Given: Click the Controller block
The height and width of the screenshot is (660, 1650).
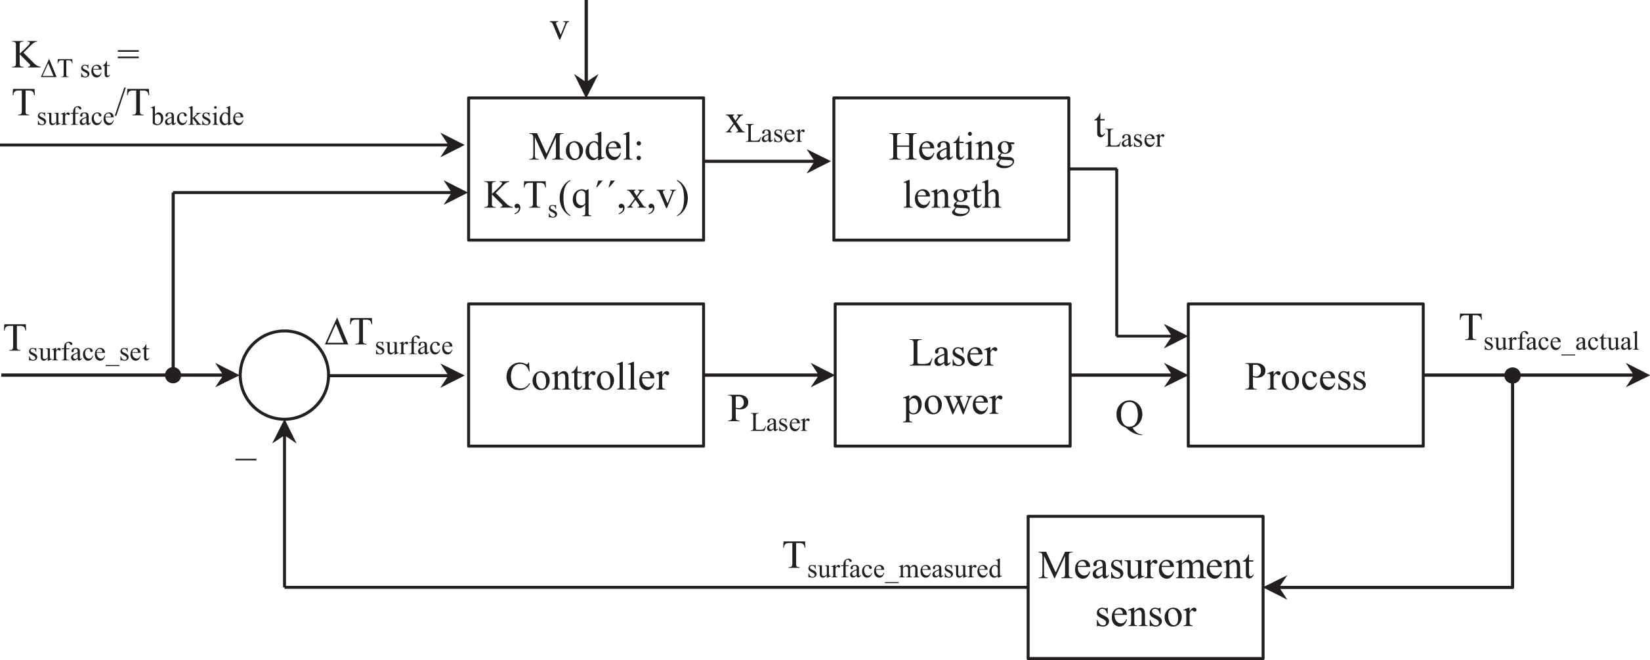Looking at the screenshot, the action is pyautogui.click(x=585, y=375).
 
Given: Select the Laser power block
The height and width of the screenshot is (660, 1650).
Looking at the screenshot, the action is pyautogui.click(x=952, y=375).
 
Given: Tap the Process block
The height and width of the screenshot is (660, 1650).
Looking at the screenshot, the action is pyautogui.click(x=1305, y=375).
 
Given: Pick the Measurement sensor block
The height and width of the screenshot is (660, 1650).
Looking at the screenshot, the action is pyautogui.click(x=1145, y=587).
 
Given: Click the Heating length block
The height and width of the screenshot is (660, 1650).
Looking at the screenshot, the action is pyautogui.click(x=951, y=169).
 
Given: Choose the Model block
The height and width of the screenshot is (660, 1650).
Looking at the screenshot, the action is pyautogui.click(x=585, y=169).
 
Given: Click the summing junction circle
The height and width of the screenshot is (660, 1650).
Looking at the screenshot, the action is pyautogui.click(x=284, y=375).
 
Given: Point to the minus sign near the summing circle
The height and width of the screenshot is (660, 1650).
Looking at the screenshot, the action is pyautogui.click(x=245, y=459).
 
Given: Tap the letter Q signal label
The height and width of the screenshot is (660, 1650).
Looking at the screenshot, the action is pyautogui.click(x=1129, y=416).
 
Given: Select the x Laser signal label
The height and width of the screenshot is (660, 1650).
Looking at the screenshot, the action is pyautogui.click(x=765, y=127).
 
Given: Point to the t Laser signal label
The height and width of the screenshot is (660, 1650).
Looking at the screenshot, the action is pyautogui.click(x=1129, y=133).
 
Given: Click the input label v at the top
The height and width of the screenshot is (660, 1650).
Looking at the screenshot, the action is pyautogui.click(x=559, y=29).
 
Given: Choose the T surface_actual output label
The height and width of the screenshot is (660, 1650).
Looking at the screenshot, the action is pyautogui.click(x=1549, y=335).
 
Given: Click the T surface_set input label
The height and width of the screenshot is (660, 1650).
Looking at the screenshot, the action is pyautogui.click(x=77, y=344).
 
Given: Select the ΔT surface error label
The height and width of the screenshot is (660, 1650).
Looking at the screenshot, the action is pyautogui.click(x=389, y=337).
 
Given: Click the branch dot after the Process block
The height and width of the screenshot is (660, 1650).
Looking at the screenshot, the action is pyautogui.click(x=1512, y=375).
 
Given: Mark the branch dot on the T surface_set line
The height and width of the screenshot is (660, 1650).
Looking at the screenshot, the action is pyautogui.click(x=173, y=375).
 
